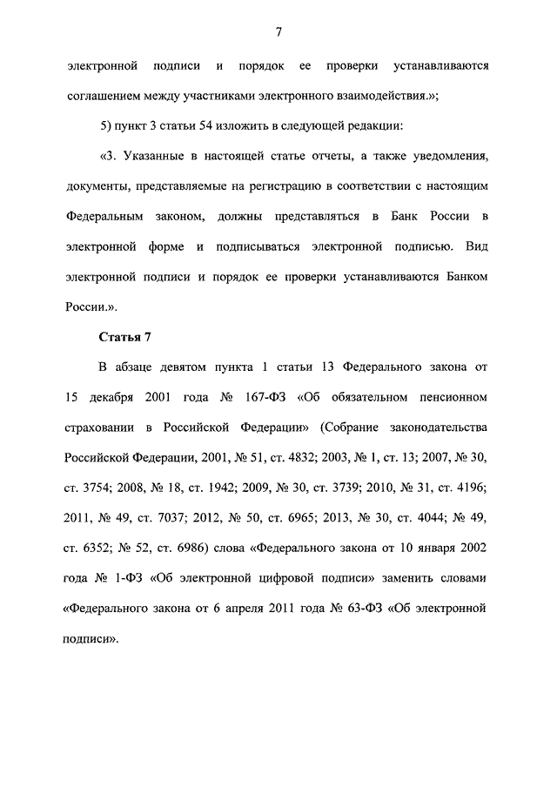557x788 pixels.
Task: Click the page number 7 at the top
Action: coord(278,33)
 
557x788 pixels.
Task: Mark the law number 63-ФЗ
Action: coord(363,610)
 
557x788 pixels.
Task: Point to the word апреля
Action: coord(246,610)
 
